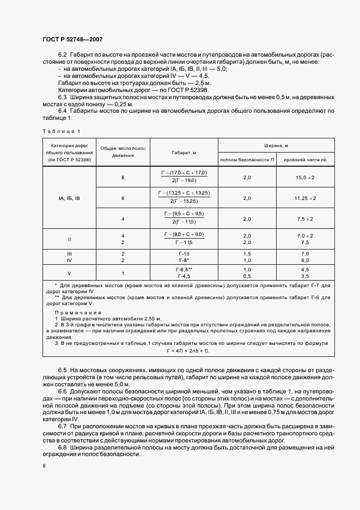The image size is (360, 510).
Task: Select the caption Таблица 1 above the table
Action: click(x=61, y=131)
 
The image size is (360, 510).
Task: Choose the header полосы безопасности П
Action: click(x=247, y=160)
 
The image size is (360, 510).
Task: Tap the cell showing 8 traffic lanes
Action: click(x=123, y=178)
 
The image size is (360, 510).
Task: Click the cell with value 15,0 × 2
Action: click(x=305, y=178)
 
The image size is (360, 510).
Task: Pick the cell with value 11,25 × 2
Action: click(x=305, y=198)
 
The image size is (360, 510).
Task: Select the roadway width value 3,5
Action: click(x=305, y=276)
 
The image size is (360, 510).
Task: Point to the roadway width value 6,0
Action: click(x=305, y=261)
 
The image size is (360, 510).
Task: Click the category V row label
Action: click(x=69, y=273)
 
